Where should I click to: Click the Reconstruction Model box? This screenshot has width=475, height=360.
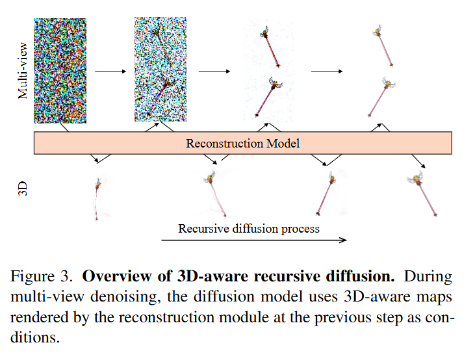(242, 143)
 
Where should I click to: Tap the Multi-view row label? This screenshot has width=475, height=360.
(23, 71)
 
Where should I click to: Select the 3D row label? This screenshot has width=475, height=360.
(23, 188)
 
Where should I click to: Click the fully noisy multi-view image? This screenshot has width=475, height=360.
(60, 71)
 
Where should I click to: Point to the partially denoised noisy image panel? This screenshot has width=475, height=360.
(160, 70)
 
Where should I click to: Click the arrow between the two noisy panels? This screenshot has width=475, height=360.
(110, 71)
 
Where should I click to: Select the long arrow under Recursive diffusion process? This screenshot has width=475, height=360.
(254, 240)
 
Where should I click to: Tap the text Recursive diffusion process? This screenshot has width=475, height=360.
(249, 229)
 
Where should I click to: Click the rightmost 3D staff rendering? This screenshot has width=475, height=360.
(422, 194)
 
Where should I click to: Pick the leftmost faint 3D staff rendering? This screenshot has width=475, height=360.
(97, 199)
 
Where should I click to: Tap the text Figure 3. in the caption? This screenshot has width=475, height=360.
(42, 276)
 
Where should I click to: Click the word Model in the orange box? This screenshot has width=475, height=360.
(283, 143)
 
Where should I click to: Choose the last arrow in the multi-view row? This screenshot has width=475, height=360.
(327, 71)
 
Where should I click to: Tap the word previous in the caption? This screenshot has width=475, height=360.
(342, 318)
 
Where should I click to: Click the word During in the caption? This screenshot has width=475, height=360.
(428, 276)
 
